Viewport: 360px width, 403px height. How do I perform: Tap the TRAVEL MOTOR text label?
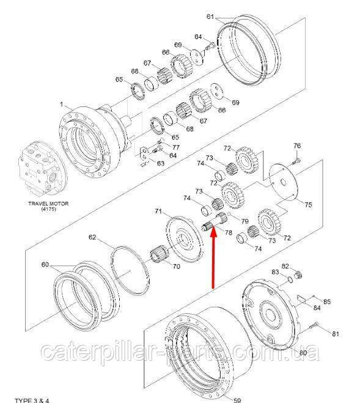[48, 204]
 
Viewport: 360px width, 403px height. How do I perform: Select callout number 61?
[210, 17]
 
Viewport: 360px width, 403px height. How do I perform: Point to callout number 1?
[61, 104]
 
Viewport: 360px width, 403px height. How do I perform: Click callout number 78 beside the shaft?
[229, 232]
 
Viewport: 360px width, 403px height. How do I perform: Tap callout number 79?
[245, 221]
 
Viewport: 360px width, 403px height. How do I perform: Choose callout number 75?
[308, 205]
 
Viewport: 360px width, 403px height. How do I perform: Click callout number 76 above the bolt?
[297, 146]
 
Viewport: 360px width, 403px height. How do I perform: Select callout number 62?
[92, 237]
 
